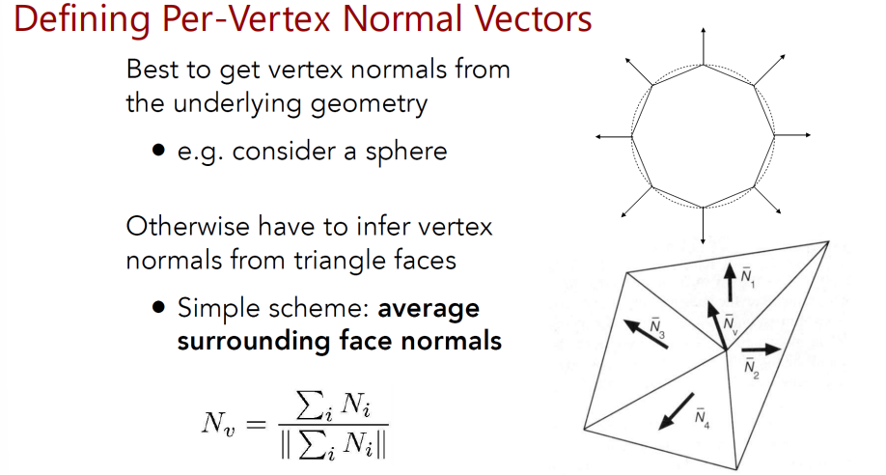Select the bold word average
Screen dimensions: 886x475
click(x=429, y=309)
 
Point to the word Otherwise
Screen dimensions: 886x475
click(x=187, y=227)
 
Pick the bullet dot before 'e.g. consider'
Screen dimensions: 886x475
click(x=159, y=151)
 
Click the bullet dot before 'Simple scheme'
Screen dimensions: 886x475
click(x=159, y=308)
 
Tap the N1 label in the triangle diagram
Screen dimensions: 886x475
click(x=748, y=278)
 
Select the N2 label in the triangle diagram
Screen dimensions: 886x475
click(x=752, y=369)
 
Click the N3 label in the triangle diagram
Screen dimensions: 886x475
click(x=657, y=329)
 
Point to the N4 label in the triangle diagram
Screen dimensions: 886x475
click(x=703, y=419)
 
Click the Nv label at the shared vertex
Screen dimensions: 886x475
click(x=731, y=324)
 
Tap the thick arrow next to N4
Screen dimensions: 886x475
click(x=677, y=411)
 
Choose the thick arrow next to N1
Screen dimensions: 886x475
click(x=730, y=282)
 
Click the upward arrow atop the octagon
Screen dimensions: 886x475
click(x=703, y=45)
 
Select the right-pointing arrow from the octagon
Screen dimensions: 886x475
click(x=792, y=135)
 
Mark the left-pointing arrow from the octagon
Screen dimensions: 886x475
click(x=614, y=136)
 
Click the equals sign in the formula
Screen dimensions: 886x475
click(x=256, y=424)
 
